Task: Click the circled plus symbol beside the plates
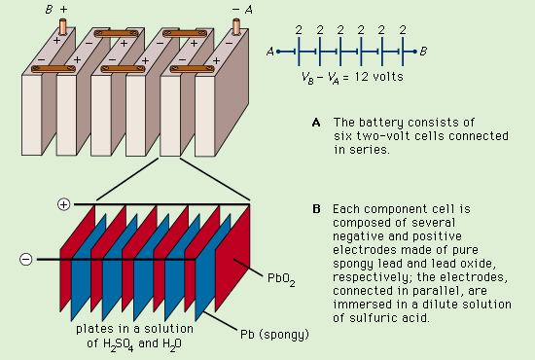pyautogui.click(x=64, y=204)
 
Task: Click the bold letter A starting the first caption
pyautogui.click(x=315, y=122)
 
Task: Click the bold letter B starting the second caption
pyautogui.click(x=315, y=209)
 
